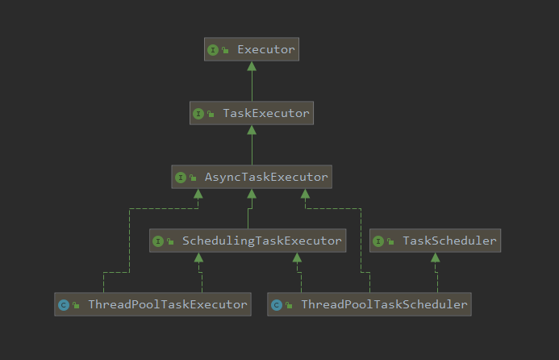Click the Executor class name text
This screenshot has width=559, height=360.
pyautogui.click(x=266, y=49)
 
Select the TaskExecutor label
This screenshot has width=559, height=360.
pyautogui.click(x=266, y=113)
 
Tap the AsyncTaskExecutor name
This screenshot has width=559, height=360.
pyautogui.click(x=266, y=177)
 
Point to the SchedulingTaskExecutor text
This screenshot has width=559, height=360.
pyautogui.click(x=262, y=241)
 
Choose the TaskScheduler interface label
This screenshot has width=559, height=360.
pyautogui.click(x=449, y=241)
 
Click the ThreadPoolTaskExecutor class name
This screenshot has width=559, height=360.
pyautogui.click(x=168, y=304)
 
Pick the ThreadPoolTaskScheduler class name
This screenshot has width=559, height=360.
pyautogui.click(x=384, y=304)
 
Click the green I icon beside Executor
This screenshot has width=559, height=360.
pyautogui.click(x=213, y=50)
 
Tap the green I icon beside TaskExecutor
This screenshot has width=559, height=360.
pyautogui.click(x=198, y=114)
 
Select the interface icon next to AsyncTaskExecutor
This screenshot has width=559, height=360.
pyautogui.click(x=181, y=178)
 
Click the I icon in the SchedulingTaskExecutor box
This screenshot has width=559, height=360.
pyautogui.click(x=158, y=241)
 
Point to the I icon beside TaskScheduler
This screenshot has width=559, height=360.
pyautogui.click(x=378, y=241)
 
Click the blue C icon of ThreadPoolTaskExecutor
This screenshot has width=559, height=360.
pyautogui.click(x=64, y=305)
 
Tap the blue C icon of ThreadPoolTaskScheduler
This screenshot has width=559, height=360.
pyautogui.click(x=277, y=305)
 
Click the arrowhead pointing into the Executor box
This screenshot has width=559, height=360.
pyautogui.click(x=252, y=66)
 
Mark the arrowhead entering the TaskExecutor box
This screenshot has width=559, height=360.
pyautogui.click(x=252, y=130)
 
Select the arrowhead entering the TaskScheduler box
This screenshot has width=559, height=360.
pyautogui.click(x=436, y=257)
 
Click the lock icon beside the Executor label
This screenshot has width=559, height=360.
pyautogui.click(x=225, y=50)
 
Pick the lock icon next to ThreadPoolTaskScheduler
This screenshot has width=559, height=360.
pyautogui.click(x=289, y=305)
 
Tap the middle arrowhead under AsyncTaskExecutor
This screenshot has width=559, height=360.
pyautogui.click(x=252, y=194)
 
